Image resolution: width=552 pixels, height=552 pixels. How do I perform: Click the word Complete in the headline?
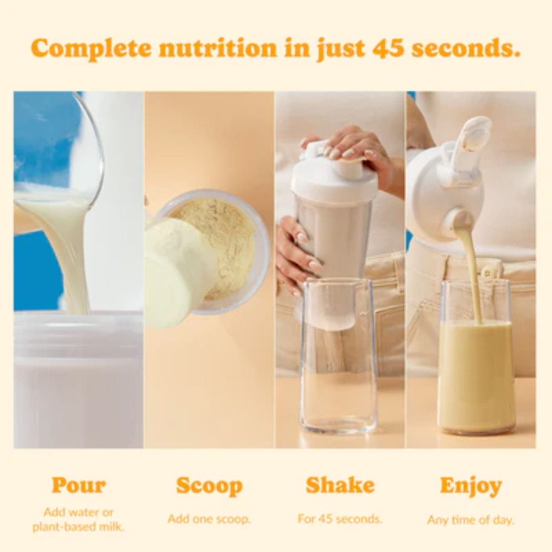click(x=91, y=49)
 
